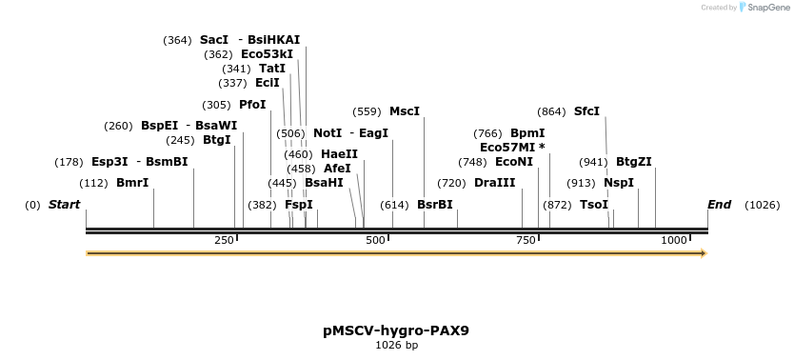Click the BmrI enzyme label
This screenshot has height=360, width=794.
[132, 183]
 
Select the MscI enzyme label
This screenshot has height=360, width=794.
[405, 111]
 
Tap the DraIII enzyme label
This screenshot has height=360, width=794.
[495, 183]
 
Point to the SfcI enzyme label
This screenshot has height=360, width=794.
[586, 111]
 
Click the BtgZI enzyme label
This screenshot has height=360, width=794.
[634, 162]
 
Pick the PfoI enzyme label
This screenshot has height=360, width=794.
[252, 105]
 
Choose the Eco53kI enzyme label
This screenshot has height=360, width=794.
[267, 54]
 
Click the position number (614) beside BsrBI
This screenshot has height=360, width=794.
[394, 205]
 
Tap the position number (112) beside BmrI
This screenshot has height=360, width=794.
[93, 183]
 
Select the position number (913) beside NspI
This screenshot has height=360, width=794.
[582, 183]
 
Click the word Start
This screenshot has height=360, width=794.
[65, 205]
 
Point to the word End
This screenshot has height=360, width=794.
[720, 205]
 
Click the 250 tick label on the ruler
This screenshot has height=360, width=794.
[224, 240]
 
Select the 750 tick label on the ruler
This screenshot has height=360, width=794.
[526, 240]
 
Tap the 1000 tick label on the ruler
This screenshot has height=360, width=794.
[674, 240]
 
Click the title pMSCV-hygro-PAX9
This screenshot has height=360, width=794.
[396, 331]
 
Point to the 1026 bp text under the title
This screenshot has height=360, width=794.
[396, 346]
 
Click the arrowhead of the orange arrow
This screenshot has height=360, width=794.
[704, 253]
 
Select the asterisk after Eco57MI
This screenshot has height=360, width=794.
[543, 147]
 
